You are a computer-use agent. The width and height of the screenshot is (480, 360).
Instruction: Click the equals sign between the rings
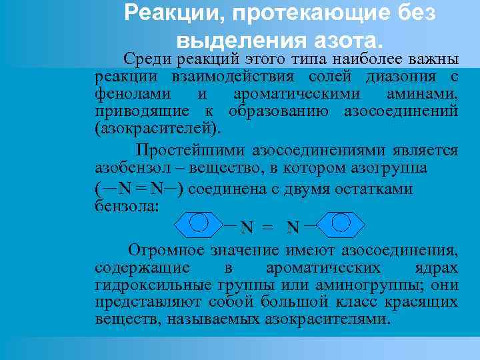(x=267, y=228)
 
